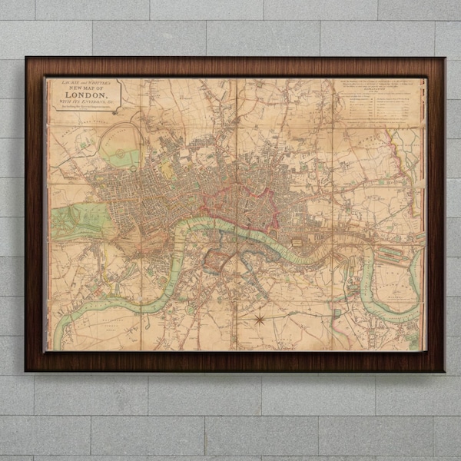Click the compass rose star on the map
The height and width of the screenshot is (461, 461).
pos(260,316)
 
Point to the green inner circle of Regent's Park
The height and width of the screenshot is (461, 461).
pos(123,158)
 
